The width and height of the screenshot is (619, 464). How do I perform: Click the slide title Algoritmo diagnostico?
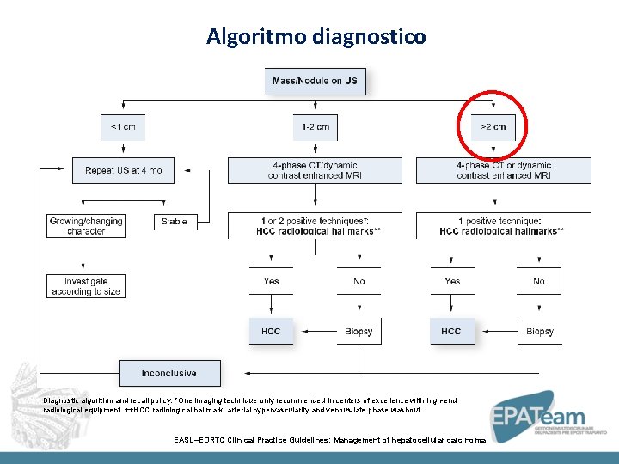click(x=316, y=37)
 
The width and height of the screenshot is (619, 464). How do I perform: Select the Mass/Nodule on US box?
click(x=315, y=82)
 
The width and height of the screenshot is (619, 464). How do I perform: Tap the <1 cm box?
click(x=123, y=127)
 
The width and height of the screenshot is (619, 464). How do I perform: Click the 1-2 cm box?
click(x=315, y=127)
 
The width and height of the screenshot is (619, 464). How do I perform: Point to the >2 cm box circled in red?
click(x=493, y=127)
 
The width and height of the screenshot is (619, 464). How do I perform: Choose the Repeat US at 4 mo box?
click(x=123, y=170)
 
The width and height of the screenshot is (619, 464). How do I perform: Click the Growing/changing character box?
click(x=85, y=226)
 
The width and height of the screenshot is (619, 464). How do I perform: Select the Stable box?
click(x=174, y=222)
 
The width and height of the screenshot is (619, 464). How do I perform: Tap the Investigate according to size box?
click(x=85, y=286)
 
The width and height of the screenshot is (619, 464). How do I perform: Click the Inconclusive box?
click(x=169, y=374)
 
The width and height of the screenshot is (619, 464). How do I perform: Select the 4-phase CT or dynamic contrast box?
click(x=504, y=170)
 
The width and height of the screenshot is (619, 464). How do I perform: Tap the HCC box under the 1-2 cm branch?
click(x=271, y=331)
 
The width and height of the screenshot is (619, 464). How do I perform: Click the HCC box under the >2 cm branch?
click(x=451, y=331)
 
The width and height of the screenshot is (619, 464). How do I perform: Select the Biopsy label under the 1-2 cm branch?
click(x=359, y=332)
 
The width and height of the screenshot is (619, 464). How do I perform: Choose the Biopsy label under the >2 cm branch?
click(x=539, y=332)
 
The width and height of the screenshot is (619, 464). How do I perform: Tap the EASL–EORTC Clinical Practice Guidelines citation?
click(x=329, y=440)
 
